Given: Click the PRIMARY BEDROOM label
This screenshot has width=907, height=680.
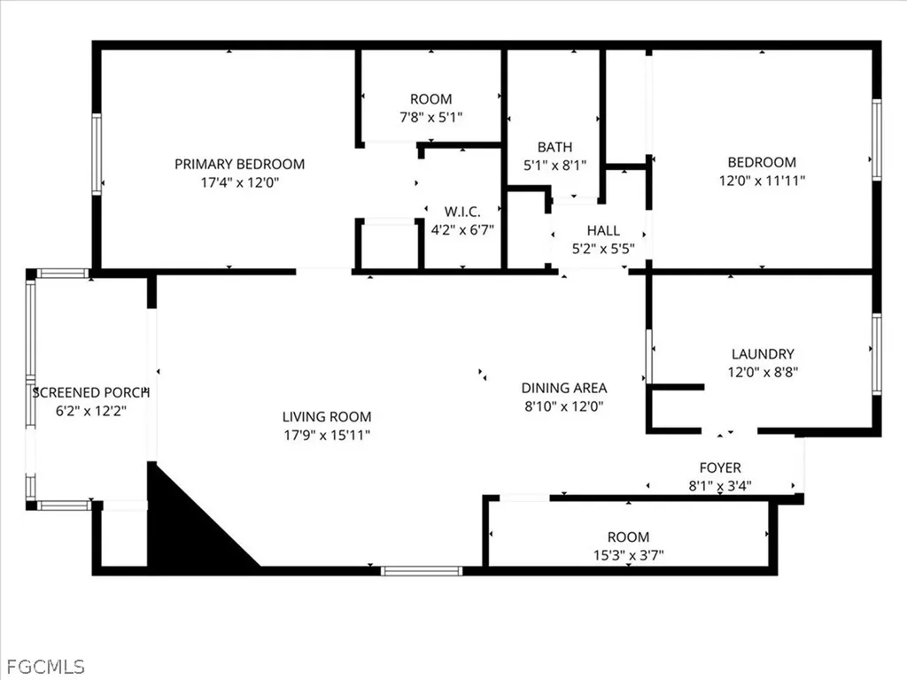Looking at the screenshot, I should (x=239, y=164).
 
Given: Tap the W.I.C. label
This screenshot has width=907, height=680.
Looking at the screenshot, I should (x=462, y=212).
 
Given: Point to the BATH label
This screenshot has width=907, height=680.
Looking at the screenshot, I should (x=555, y=147).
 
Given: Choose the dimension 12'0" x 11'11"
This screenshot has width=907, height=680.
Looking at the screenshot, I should (x=762, y=181).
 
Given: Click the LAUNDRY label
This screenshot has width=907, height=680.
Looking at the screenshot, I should (x=763, y=354).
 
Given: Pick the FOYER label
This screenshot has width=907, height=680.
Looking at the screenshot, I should (x=720, y=467).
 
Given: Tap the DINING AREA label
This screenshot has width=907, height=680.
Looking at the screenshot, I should (x=564, y=388).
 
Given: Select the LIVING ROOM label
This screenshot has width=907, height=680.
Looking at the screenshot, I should (x=327, y=416).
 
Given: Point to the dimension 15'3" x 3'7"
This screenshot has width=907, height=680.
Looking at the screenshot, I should (x=628, y=555).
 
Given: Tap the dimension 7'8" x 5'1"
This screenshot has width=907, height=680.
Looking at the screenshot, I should (x=430, y=117).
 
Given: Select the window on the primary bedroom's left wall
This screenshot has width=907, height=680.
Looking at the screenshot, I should (x=97, y=154).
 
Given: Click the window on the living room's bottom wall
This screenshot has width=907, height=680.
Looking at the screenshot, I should (x=422, y=571).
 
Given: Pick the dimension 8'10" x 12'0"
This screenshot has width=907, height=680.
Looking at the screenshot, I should (x=564, y=406).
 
